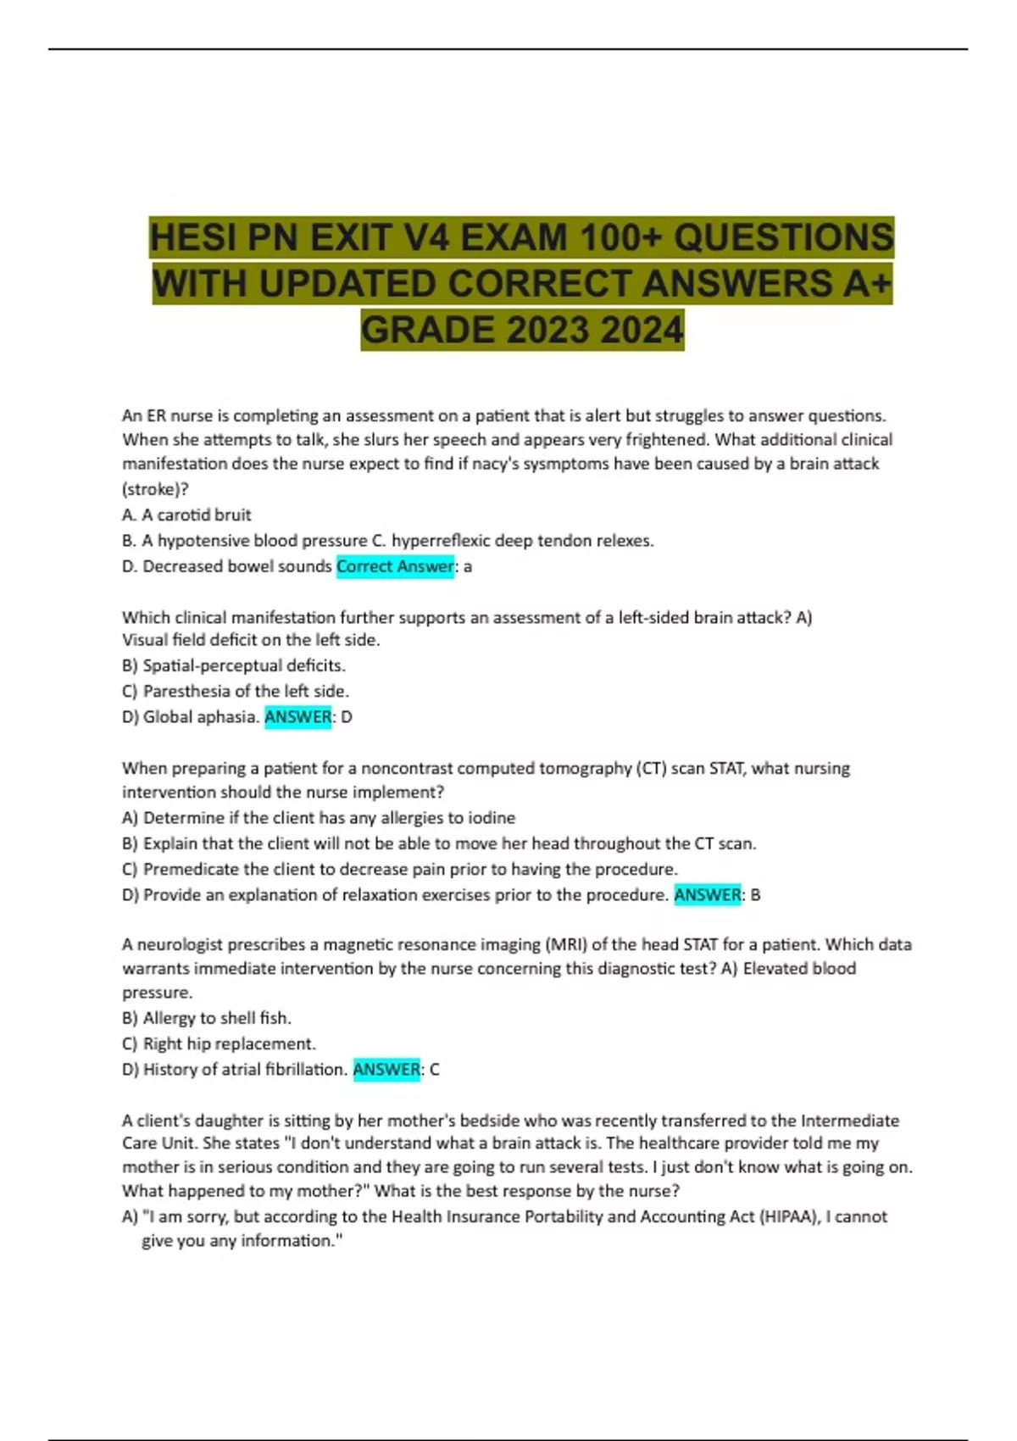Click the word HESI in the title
(192, 238)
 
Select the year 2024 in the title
(642, 330)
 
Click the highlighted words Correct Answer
(395, 566)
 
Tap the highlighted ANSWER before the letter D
(298, 717)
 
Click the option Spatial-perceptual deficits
(243, 665)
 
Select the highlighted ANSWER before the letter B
(708, 895)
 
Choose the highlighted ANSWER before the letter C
(386, 1070)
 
